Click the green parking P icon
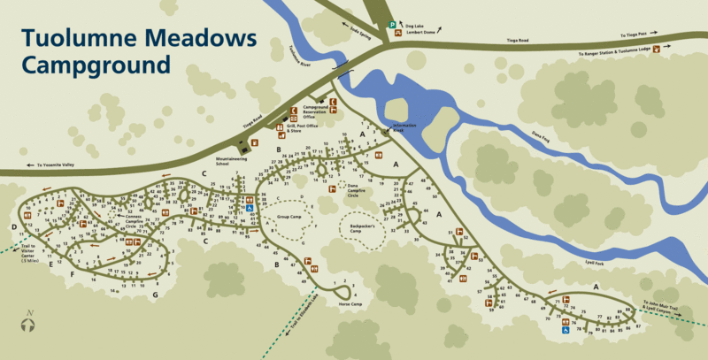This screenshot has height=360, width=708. pos(392,27)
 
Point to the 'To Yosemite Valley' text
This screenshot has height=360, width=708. pos(58,165)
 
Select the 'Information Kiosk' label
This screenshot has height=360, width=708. pos(404,127)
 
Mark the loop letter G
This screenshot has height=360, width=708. pos(155,294)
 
